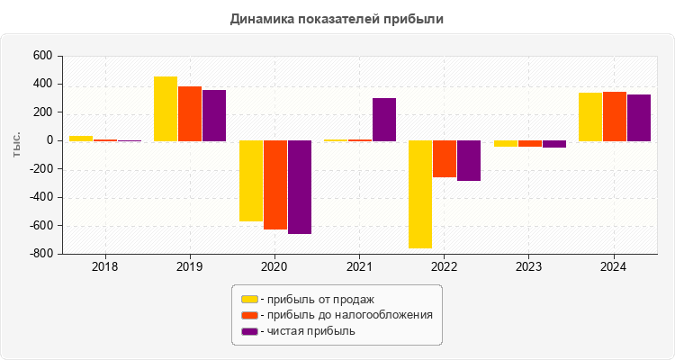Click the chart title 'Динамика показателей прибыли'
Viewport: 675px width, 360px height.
tap(337, 18)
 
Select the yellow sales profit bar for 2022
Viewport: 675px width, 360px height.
tap(420, 193)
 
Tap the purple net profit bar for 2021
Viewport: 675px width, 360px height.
tap(384, 120)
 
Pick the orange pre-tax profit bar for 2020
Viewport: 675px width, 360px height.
tap(274, 184)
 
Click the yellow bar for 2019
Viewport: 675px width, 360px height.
tap(166, 109)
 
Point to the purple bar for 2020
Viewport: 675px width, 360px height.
tap(300, 187)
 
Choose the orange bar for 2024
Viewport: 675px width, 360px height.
tap(615, 116)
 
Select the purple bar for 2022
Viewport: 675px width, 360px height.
tap(469, 160)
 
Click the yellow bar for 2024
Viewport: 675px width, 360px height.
tap(590, 117)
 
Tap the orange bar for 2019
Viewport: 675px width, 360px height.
tap(190, 113)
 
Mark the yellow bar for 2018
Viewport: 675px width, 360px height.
tap(81, 139)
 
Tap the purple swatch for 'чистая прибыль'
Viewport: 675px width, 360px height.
tap(249, 331)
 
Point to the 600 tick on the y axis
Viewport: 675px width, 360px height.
tap(43, 56)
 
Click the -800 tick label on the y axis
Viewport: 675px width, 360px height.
tap(40, 254)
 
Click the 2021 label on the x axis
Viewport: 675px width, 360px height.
tap(359, 267)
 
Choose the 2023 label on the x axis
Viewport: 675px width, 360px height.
tap(528, 267)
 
